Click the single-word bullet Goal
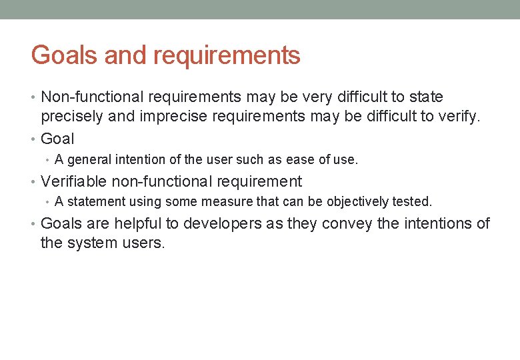pos(57,139)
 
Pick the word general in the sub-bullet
pos(89,160)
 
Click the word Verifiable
pos(74,181)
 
